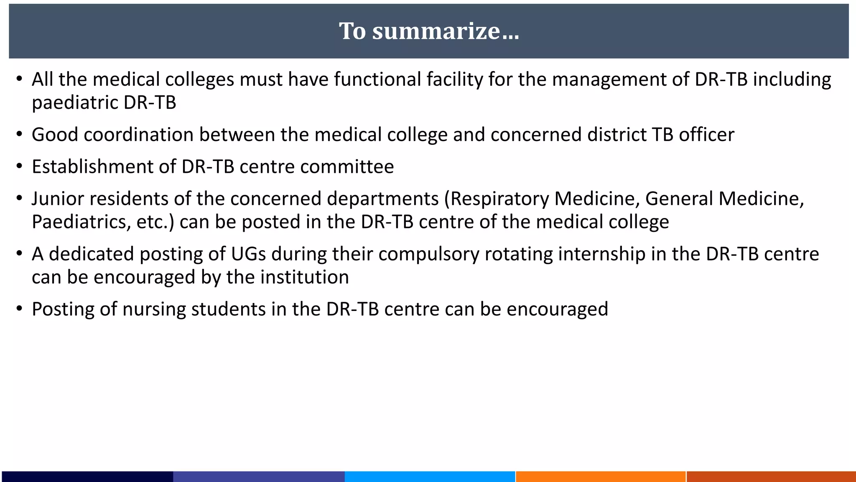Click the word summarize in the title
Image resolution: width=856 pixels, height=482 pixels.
coord(436,31)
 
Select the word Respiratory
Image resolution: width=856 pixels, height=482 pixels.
coord(499,199)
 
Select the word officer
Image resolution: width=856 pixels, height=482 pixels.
coord(706,135)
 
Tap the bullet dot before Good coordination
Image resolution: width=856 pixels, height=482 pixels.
coord(19,135)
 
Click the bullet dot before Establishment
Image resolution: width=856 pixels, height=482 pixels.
coord(19,167)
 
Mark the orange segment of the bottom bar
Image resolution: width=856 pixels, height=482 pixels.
coord(601,477)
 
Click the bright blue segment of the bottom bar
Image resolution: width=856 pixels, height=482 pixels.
coord(430,477)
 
